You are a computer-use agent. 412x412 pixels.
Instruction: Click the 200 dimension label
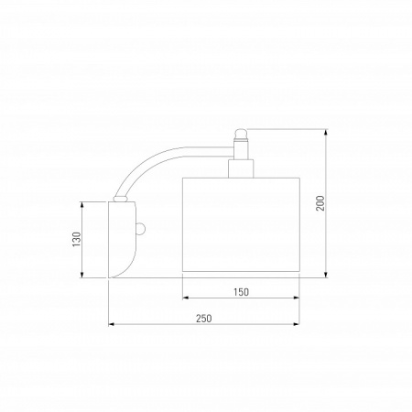point(320,203)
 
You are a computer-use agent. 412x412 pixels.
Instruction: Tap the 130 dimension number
point(77,240)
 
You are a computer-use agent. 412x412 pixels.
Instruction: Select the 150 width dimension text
point(241,292)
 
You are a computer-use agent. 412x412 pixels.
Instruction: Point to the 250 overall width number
point(203,319)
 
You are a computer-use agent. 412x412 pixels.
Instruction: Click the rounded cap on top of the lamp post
point(241,134)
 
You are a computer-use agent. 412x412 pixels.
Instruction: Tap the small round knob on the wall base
point(141,230)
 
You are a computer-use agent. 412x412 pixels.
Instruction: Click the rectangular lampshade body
point(241,224)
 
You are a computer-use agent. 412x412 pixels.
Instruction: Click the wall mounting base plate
point(122,240)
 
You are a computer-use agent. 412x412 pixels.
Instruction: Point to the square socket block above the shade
point(241,168)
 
